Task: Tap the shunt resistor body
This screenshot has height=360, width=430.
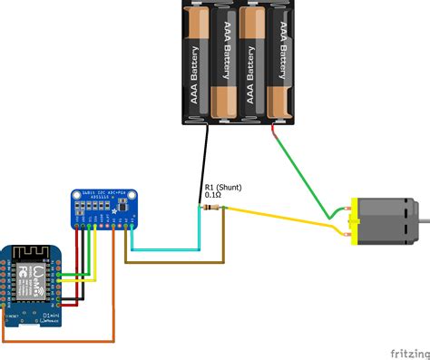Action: coord(212,208)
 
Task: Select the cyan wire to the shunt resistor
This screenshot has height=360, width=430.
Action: coord(163,248)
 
